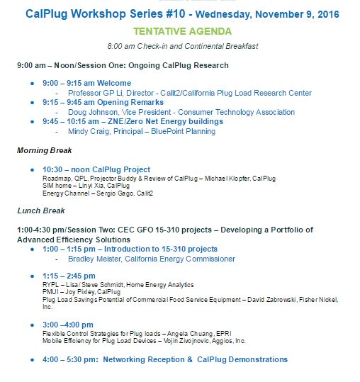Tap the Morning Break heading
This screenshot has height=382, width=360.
45,150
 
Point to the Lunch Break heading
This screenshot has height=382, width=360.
41,210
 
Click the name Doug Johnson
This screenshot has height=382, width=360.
91,112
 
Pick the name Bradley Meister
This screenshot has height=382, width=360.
97,259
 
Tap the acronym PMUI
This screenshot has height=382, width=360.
51,292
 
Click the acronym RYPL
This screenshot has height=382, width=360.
51,283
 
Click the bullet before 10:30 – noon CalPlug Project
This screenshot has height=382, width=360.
33,169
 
